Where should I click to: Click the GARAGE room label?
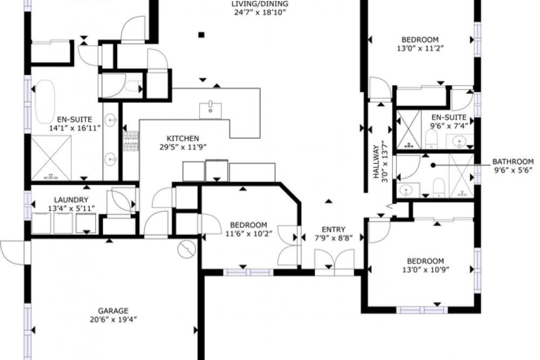[x=113, y=311]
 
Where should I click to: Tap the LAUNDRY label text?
[x=71, y=200]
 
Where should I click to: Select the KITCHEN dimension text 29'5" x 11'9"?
[x=183, y=147]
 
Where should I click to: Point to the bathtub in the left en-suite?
[x=45, y=101]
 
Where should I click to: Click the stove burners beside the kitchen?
[x=131, y=141]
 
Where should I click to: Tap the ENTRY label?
[x=333, y=229]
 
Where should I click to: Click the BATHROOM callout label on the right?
[x=513, y=161]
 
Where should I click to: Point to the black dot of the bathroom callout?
[x=433, y=165]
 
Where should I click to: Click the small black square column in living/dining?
[x=201, y=35]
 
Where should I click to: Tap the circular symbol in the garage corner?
[x=187, y=248]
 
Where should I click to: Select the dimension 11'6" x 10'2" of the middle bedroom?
[x=248, y=234]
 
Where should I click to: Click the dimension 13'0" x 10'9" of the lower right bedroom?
[x=426, y=270]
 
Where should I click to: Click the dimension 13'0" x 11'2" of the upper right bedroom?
[x=420, y=49]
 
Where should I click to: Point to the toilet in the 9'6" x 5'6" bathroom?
[x=438, y=188]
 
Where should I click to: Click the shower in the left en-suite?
[x=51, y=158]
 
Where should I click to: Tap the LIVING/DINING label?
[x=260, y=4]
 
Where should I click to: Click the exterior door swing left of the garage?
[x=13, y=253]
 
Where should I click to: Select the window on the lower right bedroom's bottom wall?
[x=422, y=310]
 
